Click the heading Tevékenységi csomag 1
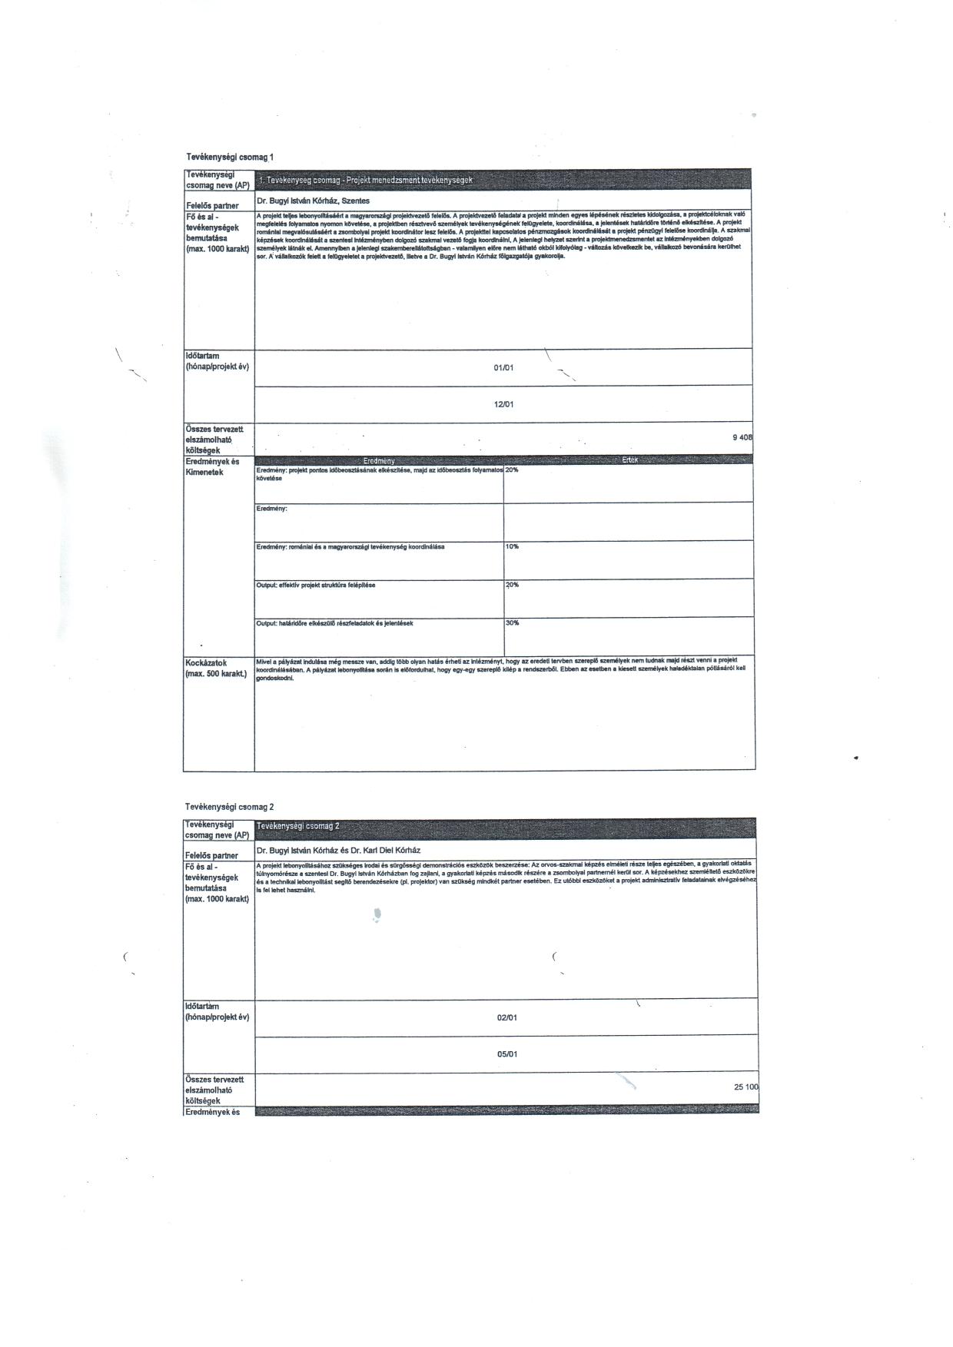coord(230,157)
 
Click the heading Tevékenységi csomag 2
coord(230,807)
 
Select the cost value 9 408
coord(742,437)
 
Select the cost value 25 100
coord(745,1087)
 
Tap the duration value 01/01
coord(503,367)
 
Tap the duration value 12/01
coord(503,404)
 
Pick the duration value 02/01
coord(506,1017)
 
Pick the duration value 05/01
coord(506,1054)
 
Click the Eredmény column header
coord(379,460)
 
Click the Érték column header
coord(629,460)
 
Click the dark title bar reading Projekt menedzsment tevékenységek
coord(503,180)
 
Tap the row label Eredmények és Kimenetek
coord(212,466)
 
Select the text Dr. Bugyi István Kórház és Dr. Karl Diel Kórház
coord(338,851)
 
